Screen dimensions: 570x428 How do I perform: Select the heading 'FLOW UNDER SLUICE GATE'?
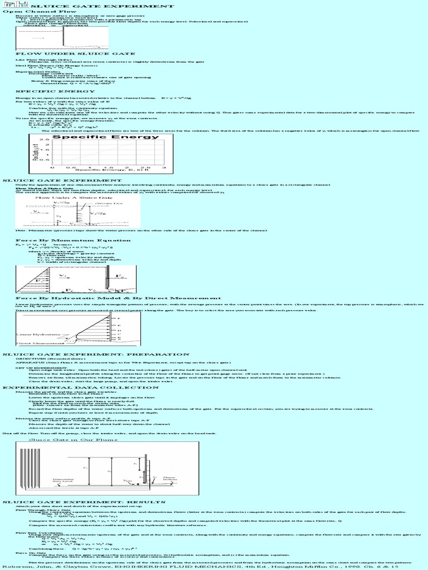[52, 53]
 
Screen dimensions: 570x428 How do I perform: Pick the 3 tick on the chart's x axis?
[163, 166]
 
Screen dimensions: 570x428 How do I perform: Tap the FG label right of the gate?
[118, 276]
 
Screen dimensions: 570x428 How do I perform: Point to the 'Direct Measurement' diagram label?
[37, 344]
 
